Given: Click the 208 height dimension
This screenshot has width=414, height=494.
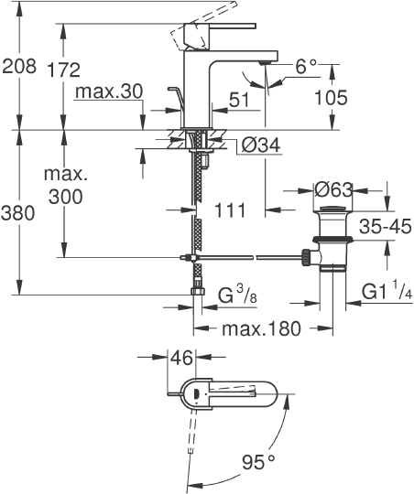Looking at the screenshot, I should point(18,67).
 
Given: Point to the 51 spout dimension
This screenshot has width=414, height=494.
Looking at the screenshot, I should point(239,100).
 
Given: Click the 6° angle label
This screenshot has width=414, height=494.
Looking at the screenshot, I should point(305,67).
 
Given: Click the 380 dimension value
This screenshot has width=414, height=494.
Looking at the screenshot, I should point(18,214).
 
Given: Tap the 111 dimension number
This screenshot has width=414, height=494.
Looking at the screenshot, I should point(229,210).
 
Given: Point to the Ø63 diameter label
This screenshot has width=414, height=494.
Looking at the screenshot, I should point(333,190).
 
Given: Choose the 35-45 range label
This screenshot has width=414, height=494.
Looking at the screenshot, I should point(384,225).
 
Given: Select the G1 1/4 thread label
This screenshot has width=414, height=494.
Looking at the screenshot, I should point(385,292).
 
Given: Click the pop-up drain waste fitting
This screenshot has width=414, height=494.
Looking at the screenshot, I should point(332,242).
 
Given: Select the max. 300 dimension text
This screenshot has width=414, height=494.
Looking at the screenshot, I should point(63,186).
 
